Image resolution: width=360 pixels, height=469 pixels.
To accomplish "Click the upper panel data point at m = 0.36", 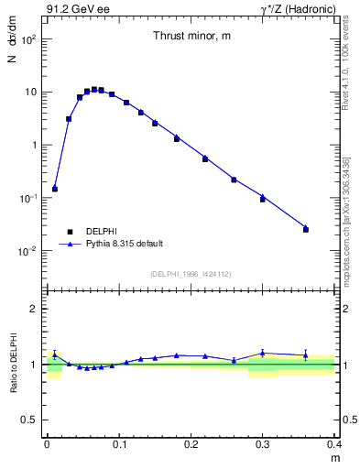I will (306, 229).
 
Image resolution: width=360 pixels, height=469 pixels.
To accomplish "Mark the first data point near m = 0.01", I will (55, 189).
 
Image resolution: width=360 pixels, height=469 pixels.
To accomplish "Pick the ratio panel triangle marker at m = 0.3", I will (263, 353).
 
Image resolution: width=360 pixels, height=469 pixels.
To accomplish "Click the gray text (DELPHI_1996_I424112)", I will (191, 273).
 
